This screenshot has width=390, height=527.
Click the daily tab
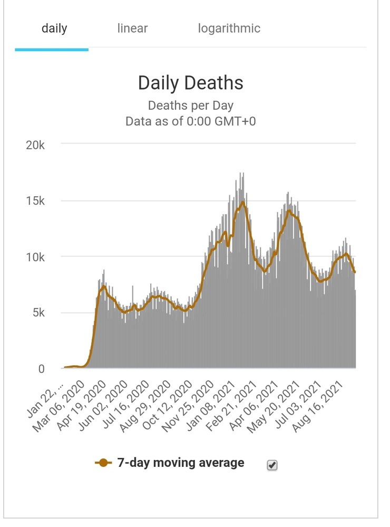pyautogui.click(x=54, y=28)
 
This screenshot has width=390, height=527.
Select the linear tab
pyautogui.click(x=132, y=28)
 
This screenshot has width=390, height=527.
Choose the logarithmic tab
pyautogui.click(x=229, y=28)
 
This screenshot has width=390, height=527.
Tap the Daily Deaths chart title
pyautogui.click(x=191, y=83)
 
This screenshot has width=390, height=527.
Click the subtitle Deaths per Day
pyautogui.click(x=191, y=106)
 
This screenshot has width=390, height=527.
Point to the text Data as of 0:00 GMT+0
pyautogui.click(x=191, y=121)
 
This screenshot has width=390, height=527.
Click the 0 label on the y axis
pyautogui.click(x=41, y=369)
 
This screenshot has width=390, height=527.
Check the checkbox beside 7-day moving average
pyautogui.click(x=272, y=465)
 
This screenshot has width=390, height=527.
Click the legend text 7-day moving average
pyautogui.click(x=181, y=463)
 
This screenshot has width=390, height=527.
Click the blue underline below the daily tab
pyautogui.click(x=52, y=49)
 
